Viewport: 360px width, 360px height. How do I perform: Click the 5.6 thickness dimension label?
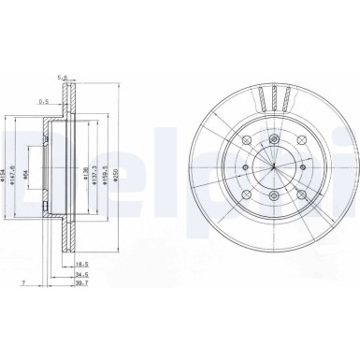click(63, 79)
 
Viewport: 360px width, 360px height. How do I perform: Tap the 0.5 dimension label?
click(43, 100)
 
